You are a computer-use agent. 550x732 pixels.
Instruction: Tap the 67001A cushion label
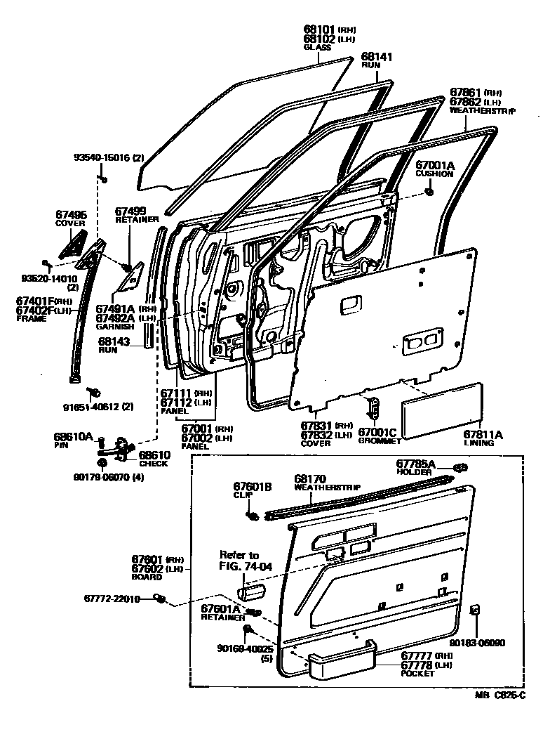[x=435, y=166]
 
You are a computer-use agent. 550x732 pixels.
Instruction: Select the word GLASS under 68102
[x=317, y=48]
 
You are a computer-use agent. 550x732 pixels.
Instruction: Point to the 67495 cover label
[x=71, y=214]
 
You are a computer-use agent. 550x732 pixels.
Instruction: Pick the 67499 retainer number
[x=130, y=210]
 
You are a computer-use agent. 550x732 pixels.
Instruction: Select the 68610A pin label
[x=74, y=436]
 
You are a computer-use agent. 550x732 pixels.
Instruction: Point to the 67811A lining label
[x=483, y=435]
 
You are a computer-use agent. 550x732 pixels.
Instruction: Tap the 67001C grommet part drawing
[x=374, y=406]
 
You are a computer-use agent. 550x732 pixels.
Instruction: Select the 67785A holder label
[x=416, y=464]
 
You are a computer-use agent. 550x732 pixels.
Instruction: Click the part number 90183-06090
[x=476, y=642]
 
